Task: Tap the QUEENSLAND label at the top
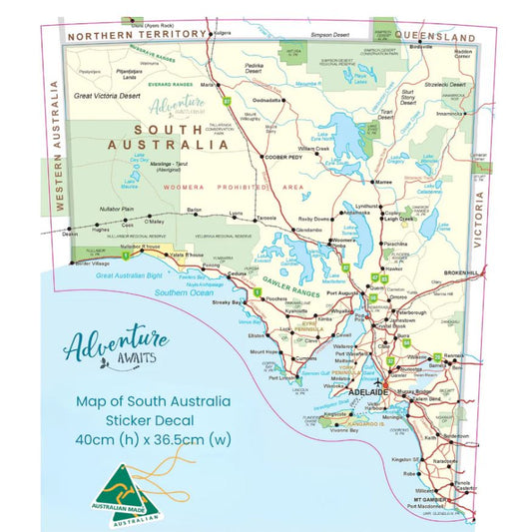431,36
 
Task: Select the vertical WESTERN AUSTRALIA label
57,160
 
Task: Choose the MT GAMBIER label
425,496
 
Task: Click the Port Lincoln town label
281,377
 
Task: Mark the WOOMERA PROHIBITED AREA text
220,187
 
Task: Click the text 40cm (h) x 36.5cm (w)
153,438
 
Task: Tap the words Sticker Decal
153,419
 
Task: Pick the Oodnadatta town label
266,100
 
